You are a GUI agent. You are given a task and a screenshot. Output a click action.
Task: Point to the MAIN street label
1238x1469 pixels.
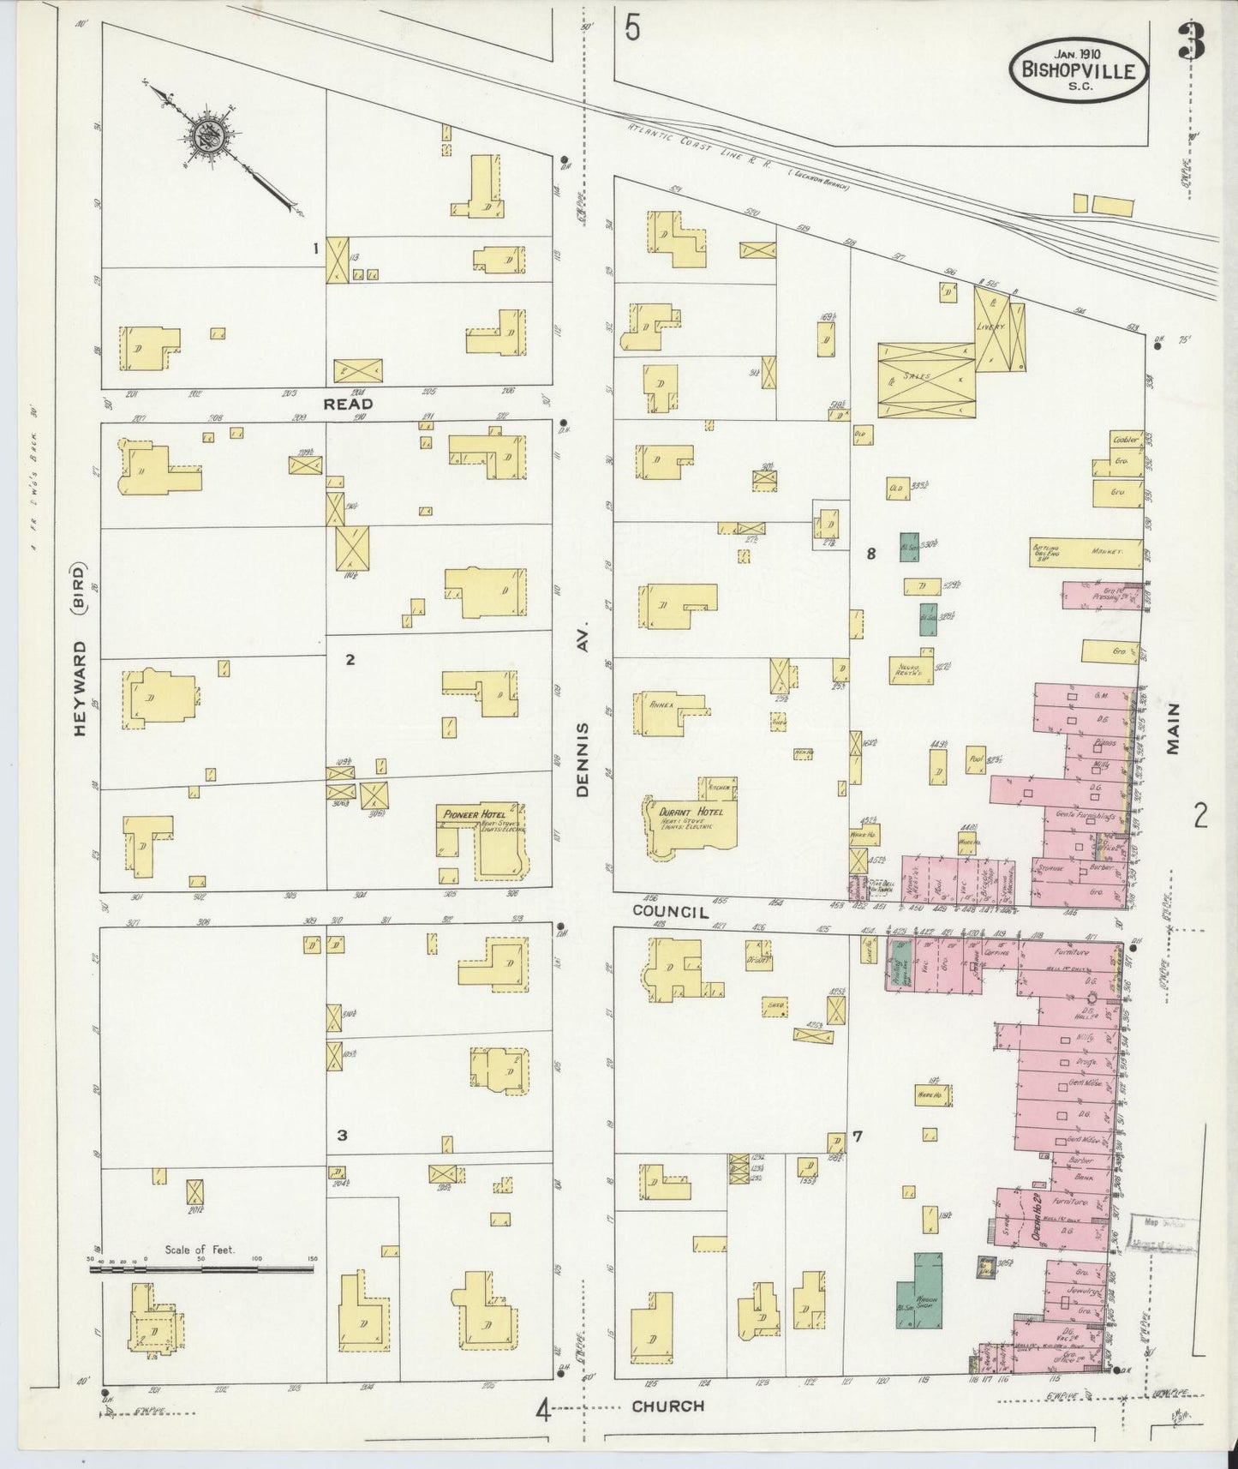pos(1172,728)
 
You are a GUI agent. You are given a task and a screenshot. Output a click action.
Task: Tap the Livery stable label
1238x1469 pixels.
pos(995,327)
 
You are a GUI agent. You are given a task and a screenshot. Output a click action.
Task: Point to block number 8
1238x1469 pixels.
pos(870,554)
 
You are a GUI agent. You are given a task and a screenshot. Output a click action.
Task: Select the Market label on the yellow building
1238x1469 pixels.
pos(1105,552)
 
